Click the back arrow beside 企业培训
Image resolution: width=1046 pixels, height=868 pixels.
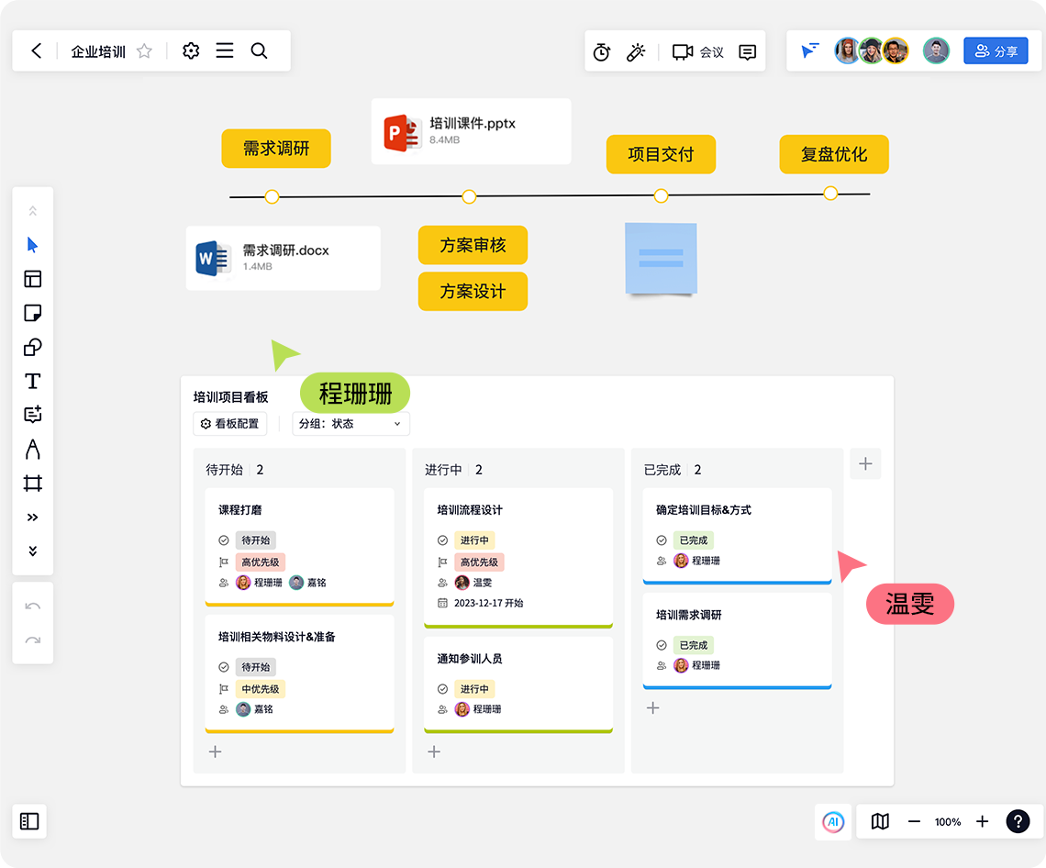[x=36, y=50]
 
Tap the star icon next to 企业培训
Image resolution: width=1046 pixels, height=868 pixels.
[x=144, y=50]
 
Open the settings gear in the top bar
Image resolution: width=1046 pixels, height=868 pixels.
[x=191, y=50]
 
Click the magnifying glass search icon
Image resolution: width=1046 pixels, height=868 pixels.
[x=259, y=50]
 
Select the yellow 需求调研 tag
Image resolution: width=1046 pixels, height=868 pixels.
[x=276, y=148]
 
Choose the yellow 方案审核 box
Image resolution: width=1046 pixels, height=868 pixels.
[x=473, y=245]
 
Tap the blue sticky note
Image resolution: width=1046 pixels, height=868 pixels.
[x=661, y=259]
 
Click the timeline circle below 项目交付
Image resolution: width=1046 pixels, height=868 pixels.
[x=661, y=195]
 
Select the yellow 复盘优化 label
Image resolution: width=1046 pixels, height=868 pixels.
[x=834, y=154]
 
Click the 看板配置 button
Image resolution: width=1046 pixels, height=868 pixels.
[x=230, y=424]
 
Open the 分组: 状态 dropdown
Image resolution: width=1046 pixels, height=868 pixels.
[x=351, y=424]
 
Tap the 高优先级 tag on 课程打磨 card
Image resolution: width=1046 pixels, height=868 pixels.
[x=261, y=562]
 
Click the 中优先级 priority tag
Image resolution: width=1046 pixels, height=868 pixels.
[x=261, y=689]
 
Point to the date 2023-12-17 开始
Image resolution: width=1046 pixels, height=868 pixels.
[x=488, y=603]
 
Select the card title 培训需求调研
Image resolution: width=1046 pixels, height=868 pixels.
[x=688, y=615]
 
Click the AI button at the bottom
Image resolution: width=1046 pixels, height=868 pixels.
[x=833, y=821]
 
